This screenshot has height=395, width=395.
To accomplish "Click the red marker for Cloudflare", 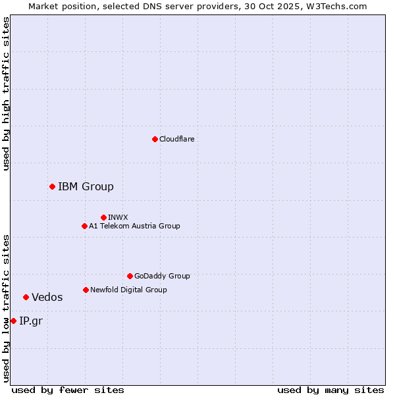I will click(x=155, y=139).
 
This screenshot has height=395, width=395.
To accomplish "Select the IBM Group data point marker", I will click(x=52, y=186).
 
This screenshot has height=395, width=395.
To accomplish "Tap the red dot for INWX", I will click(x=103, y=217).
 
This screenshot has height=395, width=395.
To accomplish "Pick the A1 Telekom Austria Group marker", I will click(x=84, y=226).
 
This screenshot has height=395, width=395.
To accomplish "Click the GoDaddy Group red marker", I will click(x=130, y=276).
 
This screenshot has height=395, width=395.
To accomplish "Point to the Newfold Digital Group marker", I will click(x=86, y=290).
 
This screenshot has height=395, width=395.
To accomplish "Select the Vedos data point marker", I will click(x=26, y=297).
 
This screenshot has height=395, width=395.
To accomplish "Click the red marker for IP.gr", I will click(x=13, y=321).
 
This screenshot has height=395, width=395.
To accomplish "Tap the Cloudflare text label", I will click(x=176, y=139).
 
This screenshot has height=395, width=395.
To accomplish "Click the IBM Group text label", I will click(x=86, y=186).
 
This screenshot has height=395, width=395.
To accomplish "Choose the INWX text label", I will click(x=118, y=217).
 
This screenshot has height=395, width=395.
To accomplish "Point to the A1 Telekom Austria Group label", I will click(x=134, y=226).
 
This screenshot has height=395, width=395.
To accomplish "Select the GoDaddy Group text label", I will click(x=162, y=276).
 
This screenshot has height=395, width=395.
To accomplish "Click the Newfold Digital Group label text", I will click(x=128, y=290).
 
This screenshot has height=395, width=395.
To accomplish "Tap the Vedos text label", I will click(x=47, y=297).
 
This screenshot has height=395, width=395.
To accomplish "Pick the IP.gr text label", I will click(x=30, y=321).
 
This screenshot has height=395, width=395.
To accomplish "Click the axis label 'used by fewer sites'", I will click(x=68, y=390).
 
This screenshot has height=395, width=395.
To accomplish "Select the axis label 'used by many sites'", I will click(x=330, y=390).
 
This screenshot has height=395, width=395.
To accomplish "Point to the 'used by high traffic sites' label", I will click(x=6, y=93).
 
